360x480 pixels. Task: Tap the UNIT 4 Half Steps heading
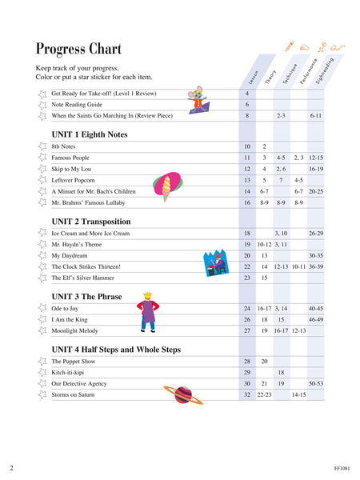pos(116,350)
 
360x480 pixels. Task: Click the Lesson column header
pos(253,77)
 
